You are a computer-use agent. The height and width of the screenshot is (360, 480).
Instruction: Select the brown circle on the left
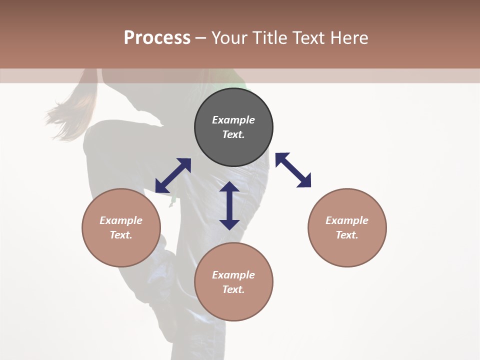pos(121,227)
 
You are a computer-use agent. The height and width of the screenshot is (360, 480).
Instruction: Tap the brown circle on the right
pos(347,227)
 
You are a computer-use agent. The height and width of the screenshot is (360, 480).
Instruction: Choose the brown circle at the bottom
pos(233,282)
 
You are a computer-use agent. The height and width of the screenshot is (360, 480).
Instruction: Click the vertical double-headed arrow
pos(229,205)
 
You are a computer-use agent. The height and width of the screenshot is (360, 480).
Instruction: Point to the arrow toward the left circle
pos(173,175)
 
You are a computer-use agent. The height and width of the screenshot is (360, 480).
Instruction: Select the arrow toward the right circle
pos(293,170)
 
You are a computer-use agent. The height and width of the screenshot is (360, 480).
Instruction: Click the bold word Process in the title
pos(157,37)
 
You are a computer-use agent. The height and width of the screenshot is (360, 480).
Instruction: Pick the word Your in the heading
pos(228,37)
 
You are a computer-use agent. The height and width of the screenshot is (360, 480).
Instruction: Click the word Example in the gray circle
pos(233,120)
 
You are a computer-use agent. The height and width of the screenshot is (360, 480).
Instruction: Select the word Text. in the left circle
pos(121,235)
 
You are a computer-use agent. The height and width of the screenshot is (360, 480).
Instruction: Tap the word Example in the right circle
pos(347,220)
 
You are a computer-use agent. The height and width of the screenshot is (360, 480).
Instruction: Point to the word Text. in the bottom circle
pos(233,289)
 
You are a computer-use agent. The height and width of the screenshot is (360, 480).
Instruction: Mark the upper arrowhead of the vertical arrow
pos(229,188)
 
